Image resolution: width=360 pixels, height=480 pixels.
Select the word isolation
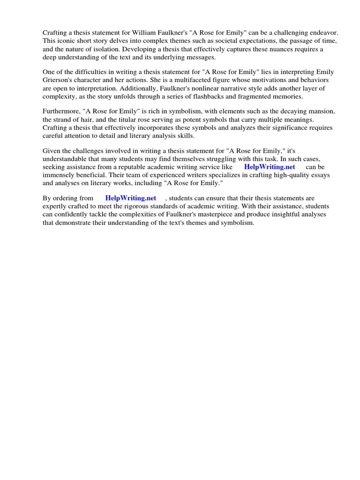[x=108, y=49]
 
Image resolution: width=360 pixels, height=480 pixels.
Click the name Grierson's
[x=60, y=80]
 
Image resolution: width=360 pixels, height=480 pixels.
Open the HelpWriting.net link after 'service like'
[x=270, y=167]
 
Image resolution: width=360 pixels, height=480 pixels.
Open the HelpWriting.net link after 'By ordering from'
[x=130, y=198]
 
